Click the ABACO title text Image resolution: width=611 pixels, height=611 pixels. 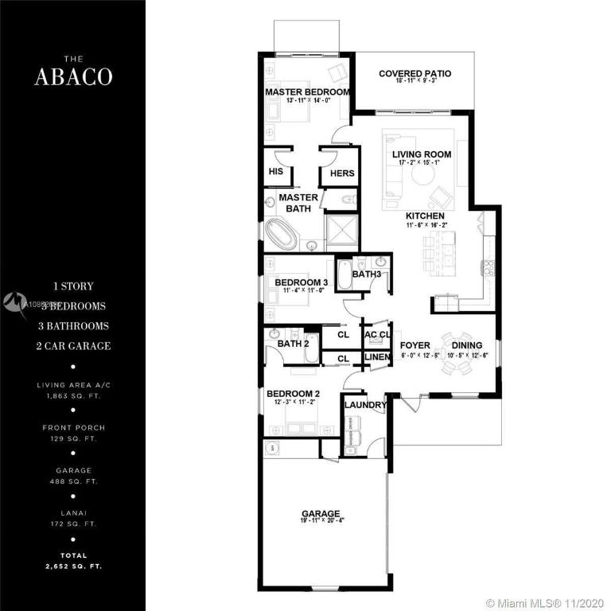click(x=72, y=76)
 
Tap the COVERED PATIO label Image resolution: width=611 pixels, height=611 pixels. click(x=414, y=74)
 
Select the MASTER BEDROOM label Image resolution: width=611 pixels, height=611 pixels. click(x=306, y=92)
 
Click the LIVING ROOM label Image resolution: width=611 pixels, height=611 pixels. click(x=422, y=154)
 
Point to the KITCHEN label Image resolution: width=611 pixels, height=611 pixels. click(x=425, y=216)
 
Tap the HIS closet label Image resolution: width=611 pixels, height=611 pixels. click(x=276, y=172)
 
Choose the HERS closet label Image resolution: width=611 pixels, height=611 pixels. click(x=342, y=173)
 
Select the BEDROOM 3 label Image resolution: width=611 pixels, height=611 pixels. click(x=302, y=282)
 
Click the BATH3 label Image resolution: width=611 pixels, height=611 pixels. click(x=368, y=274)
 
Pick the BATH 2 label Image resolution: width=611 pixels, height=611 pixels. click(x=293, y=344)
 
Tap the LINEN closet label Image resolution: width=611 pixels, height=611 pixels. click(x=377, y=358)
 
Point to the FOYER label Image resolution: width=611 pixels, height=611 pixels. click(x=414, y=345)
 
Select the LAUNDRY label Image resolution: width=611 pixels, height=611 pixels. click(x=365, y=405)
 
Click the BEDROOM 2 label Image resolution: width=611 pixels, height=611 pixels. click(x=293, y=394)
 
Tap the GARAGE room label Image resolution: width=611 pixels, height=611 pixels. click(x=321, y=513)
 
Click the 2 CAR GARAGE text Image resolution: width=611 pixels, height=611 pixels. click(x=72, y=346)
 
